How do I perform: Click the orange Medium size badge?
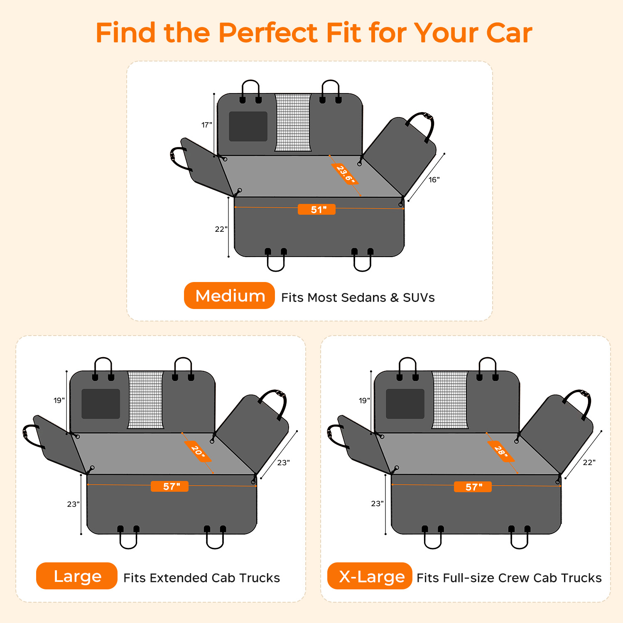pos(229,296)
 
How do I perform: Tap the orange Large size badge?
pos(77,576)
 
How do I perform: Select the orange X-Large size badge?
pos(370,576)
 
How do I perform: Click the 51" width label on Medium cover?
pos(316,210)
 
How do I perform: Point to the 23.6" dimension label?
pos(345,174)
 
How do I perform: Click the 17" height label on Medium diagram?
pos(207,125)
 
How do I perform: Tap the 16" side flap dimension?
pos(434,180)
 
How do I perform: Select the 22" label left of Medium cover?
pos(221,229)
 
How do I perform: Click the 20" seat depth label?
pos(198,451)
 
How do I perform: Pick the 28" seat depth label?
pos(501,451)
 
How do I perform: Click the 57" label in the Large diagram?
pos(169,486)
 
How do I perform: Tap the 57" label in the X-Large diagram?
pos(473,487)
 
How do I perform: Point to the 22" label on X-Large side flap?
pos(589,463)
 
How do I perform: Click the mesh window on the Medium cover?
pos(293,123)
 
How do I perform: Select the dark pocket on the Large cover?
pos(101,404)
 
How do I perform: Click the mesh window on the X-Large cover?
pos(450,400)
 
